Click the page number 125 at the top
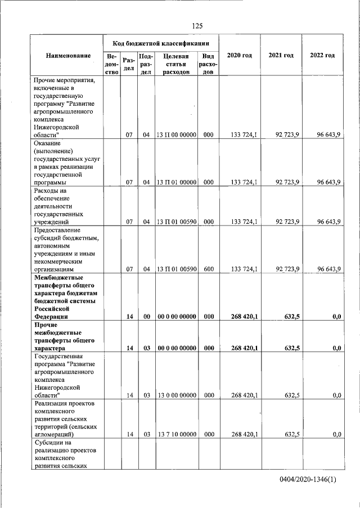[197, 26]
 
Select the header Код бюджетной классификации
[161, 43]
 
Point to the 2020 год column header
[239, 55]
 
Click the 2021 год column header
[281, 55]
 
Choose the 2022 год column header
[322, 55]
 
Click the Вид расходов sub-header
[208, 64]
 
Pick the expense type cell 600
[208, 269]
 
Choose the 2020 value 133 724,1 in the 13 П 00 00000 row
[244, 135]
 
